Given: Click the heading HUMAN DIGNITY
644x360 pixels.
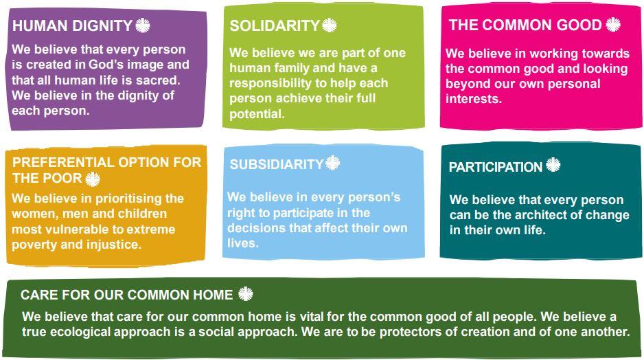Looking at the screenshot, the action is coord(72,25).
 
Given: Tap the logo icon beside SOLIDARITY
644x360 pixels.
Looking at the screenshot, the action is coord(330,25).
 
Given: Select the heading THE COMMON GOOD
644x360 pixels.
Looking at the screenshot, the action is coord(525,25).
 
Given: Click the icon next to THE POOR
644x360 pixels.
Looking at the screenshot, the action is coord(93,179).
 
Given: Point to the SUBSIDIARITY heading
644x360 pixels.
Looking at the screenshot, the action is coord(277,164).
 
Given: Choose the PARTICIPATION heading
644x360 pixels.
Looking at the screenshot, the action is coord(496,167).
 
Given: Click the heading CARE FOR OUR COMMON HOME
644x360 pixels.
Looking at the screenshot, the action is coord(127,295).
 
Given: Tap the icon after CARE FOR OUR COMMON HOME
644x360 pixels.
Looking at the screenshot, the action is coord(246,294).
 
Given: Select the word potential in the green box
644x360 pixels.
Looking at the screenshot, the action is coord(257,114).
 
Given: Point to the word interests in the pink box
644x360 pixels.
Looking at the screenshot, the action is coord(474,99).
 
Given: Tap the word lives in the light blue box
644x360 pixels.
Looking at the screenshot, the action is coord(243,243).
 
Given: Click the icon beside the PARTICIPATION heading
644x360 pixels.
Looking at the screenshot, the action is coord(553,165).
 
